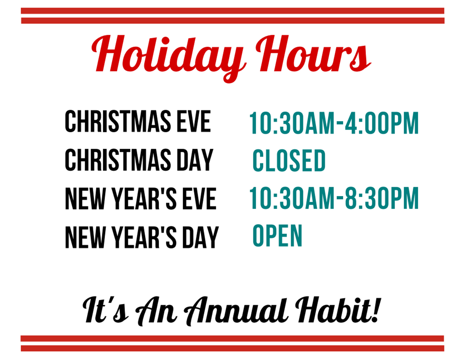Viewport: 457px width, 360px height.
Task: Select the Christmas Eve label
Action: click(138, 121)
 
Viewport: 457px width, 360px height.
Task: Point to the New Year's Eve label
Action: click(141, 198)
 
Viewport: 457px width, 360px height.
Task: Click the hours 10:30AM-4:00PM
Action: click(333, 123)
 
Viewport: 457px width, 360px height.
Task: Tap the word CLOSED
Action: click(288, 160)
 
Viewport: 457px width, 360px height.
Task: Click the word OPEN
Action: click(277, 235)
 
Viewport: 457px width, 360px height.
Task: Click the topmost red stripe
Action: click(232, 11)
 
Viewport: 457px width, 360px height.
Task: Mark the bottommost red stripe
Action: click(232, 348)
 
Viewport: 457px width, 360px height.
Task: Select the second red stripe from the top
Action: click(232, 20)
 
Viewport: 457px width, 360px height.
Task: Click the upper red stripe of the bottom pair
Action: click(232, 338)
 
